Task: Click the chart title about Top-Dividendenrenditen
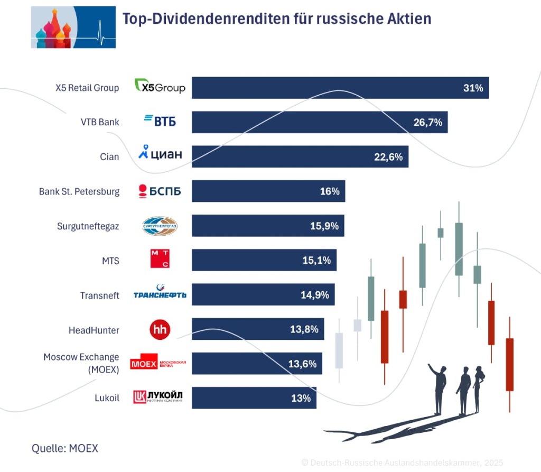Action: coord(277,19)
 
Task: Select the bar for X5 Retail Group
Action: coord(340,88)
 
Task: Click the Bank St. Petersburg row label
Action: coord(79,191)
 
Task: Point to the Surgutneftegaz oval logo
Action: coord(160,226)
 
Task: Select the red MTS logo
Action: coord(160,260)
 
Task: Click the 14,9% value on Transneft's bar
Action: coord(314,295)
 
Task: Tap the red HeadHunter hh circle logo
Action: coord(160,330)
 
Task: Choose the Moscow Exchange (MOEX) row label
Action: coord(81,363)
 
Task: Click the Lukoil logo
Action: coord(158,397)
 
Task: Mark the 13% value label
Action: coord(301,398)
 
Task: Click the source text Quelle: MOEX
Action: coord(65,448)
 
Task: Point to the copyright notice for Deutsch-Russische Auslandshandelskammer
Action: coord(402,462)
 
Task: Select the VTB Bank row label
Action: coord(100,122)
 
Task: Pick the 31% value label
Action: coord(473,88)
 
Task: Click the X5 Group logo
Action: coord(160,86)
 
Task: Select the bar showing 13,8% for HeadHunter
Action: coord(257,329)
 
